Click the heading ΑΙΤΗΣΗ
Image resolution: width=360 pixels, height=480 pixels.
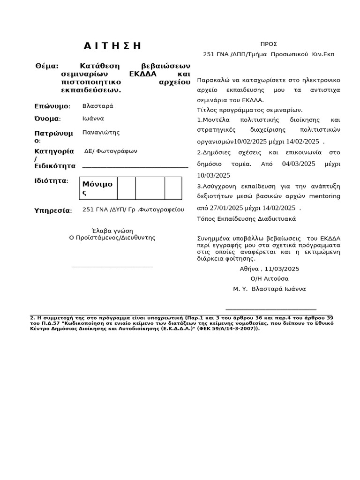(112, 45)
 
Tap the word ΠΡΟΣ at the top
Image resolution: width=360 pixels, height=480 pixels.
(269, 44)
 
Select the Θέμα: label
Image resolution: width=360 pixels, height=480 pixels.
(47, 66)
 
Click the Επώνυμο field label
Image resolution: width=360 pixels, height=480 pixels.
(52, 106)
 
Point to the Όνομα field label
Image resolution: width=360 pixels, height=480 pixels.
(47, 119)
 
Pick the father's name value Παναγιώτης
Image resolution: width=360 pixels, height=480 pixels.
(101, 132)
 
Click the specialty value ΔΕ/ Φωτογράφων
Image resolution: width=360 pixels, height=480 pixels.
(111, 151)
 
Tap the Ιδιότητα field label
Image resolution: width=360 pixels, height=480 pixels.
(51, 181)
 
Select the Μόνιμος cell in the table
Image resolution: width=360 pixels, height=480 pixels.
(97, 188)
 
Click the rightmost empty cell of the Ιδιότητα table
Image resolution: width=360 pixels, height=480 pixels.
(173, 188)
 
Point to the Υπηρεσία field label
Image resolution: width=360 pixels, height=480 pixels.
(53, 210)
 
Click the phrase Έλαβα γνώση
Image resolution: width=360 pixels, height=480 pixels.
(112, 231)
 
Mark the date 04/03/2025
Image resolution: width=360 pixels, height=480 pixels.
(299, 164)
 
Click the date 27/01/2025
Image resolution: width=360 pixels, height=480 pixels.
(226, 208)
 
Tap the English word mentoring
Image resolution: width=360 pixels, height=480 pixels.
(325, 196)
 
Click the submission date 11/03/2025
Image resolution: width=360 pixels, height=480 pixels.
(282, 269)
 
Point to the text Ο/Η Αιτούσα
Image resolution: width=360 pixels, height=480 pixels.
(270, 278)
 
